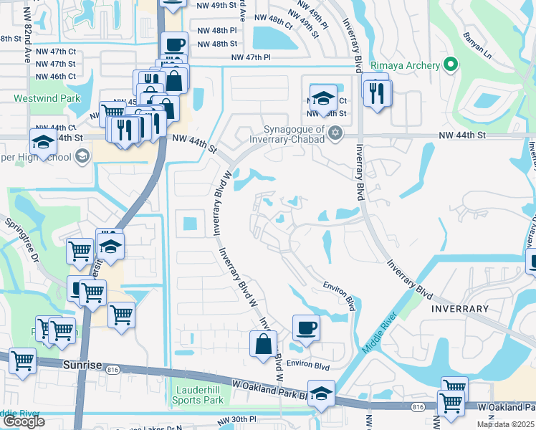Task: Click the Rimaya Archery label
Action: [405, 65]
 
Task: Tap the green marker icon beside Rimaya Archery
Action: [450, 65]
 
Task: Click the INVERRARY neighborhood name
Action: [460, 309]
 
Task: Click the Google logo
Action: [24, 421]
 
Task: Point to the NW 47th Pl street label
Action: [251, 57]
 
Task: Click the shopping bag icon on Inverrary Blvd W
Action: [264, 343]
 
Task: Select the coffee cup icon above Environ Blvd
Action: [306, 328]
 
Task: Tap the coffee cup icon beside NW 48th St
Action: [174, 44]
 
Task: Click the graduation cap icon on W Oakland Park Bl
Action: [321, 393]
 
